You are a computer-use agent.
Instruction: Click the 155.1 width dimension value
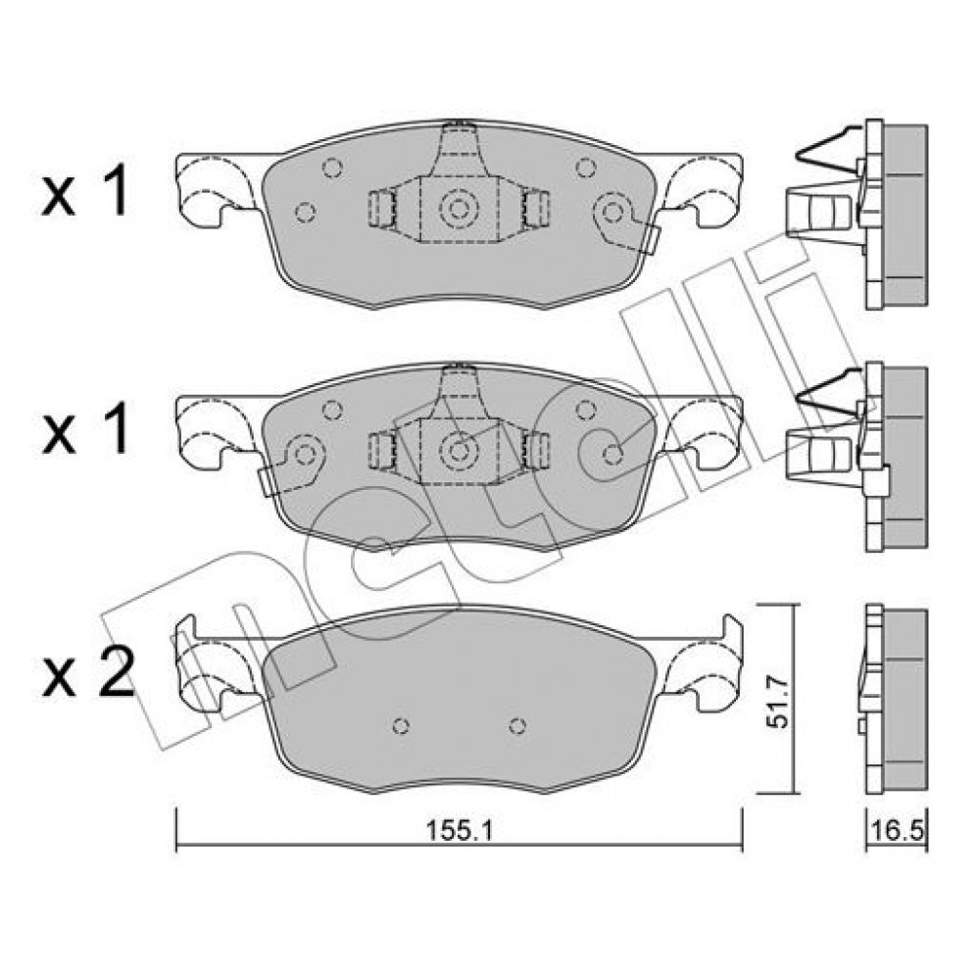[x=460, y=831]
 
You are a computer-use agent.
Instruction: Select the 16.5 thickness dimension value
[x=897, y=831]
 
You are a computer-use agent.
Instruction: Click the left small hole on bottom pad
[x=401, y=725]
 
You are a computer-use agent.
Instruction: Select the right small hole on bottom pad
[x=516, y=725]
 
